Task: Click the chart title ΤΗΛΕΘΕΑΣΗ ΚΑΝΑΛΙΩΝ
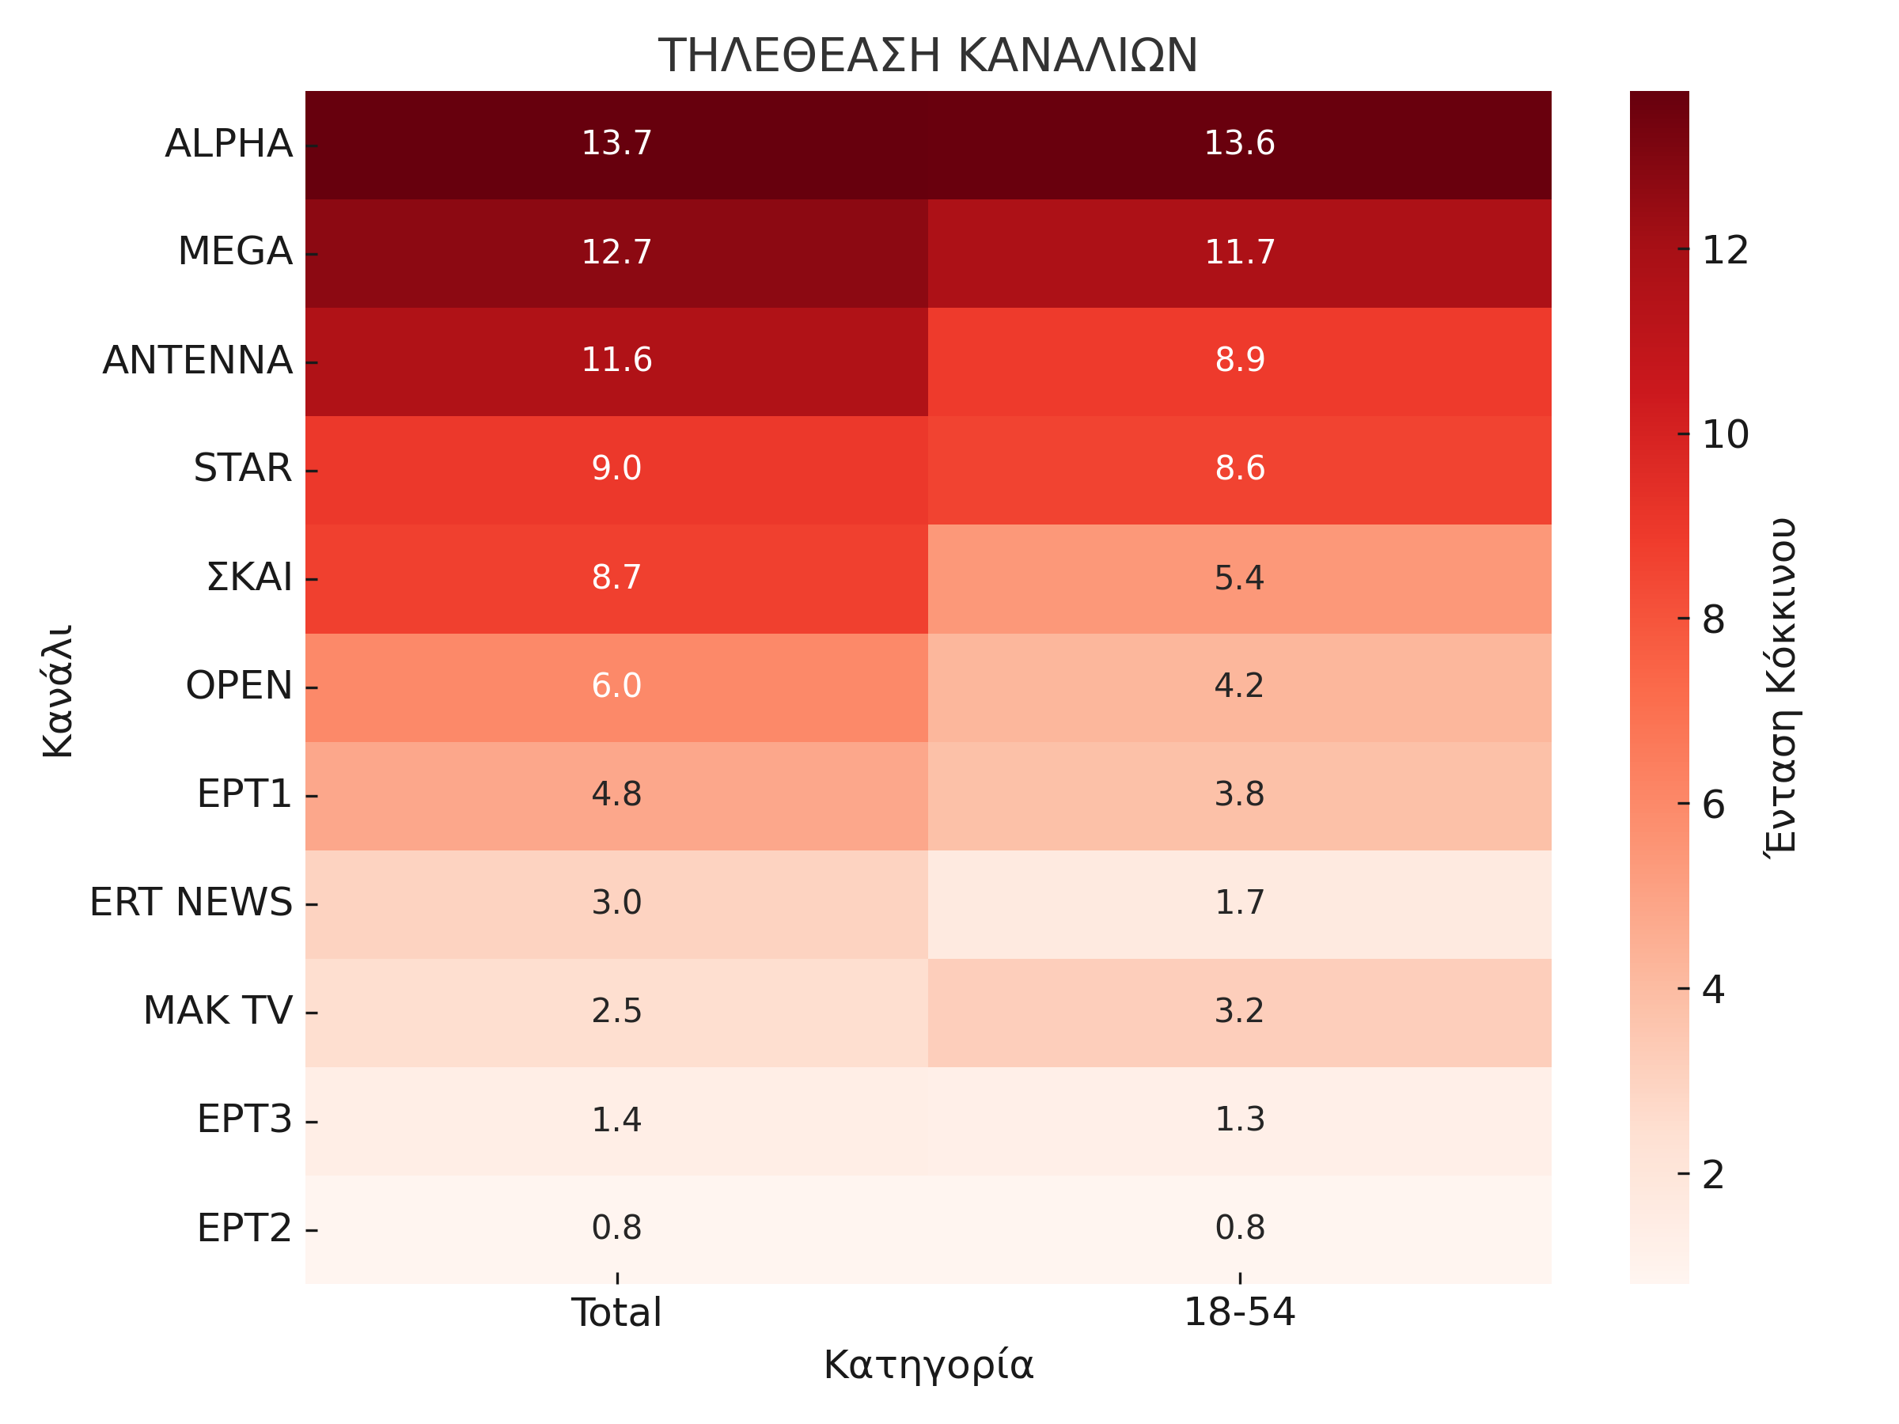[927, 56]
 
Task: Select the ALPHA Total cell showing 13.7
[616, 143]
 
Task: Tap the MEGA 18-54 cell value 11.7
[1240, 252]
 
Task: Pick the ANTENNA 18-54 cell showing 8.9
[1240, 361]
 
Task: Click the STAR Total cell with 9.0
[616, 468]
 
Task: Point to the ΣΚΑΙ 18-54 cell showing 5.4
[1240, 578]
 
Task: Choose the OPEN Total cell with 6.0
[616, 686]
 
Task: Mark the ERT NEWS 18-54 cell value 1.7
[1240, 903]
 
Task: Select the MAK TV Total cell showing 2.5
[616, 1011]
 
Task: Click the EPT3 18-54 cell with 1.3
[1240, 1119]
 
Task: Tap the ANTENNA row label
[198, 361]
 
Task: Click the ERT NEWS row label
[191, 903]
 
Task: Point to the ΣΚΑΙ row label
[249, 578]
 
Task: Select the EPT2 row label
[244, 1229]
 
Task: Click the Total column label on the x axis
[616, 1313]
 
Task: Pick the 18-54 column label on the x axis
[1239, 1313]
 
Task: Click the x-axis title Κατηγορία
[928, 1365]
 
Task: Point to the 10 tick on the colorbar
[1725, 435]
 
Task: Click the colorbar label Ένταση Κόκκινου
[1781, 687]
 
